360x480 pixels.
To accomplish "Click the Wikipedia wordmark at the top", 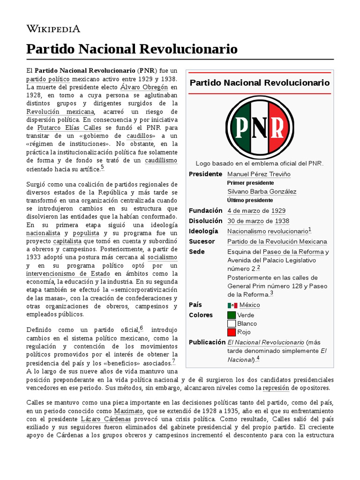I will coord(53,29).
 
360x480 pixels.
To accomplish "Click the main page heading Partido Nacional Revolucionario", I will coord(132,49).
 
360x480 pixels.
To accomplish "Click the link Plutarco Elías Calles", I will coord(69,127).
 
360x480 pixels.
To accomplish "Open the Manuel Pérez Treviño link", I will coord(259,174).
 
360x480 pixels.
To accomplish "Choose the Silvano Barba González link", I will coord(262,192).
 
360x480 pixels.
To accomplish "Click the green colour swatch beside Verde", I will coord(232,315).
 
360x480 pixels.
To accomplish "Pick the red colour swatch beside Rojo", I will coord(232,332).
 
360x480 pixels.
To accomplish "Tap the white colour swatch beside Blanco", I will coord(232,323).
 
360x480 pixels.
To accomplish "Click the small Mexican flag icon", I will coord(232,305).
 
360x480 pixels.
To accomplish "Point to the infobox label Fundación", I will coord(205,211).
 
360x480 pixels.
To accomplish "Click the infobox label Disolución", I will coord(205,221).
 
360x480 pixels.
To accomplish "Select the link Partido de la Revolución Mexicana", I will coord(277,241).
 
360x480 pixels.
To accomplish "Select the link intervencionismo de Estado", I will coord(68,274).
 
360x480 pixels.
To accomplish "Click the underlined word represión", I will coord(276,388).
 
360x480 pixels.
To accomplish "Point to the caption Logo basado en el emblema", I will coord(260,163).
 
